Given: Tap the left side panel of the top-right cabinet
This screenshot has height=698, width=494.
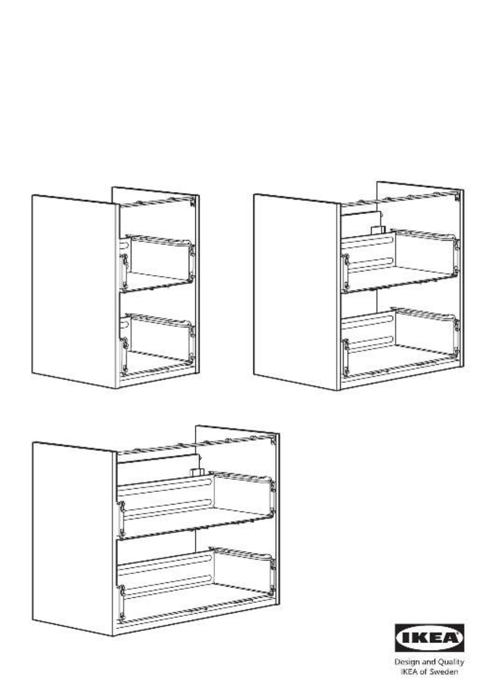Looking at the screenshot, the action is (297, 292).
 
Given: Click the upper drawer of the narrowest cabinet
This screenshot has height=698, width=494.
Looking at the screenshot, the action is (157, 263).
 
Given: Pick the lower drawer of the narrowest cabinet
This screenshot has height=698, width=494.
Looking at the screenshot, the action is (157, 342).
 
